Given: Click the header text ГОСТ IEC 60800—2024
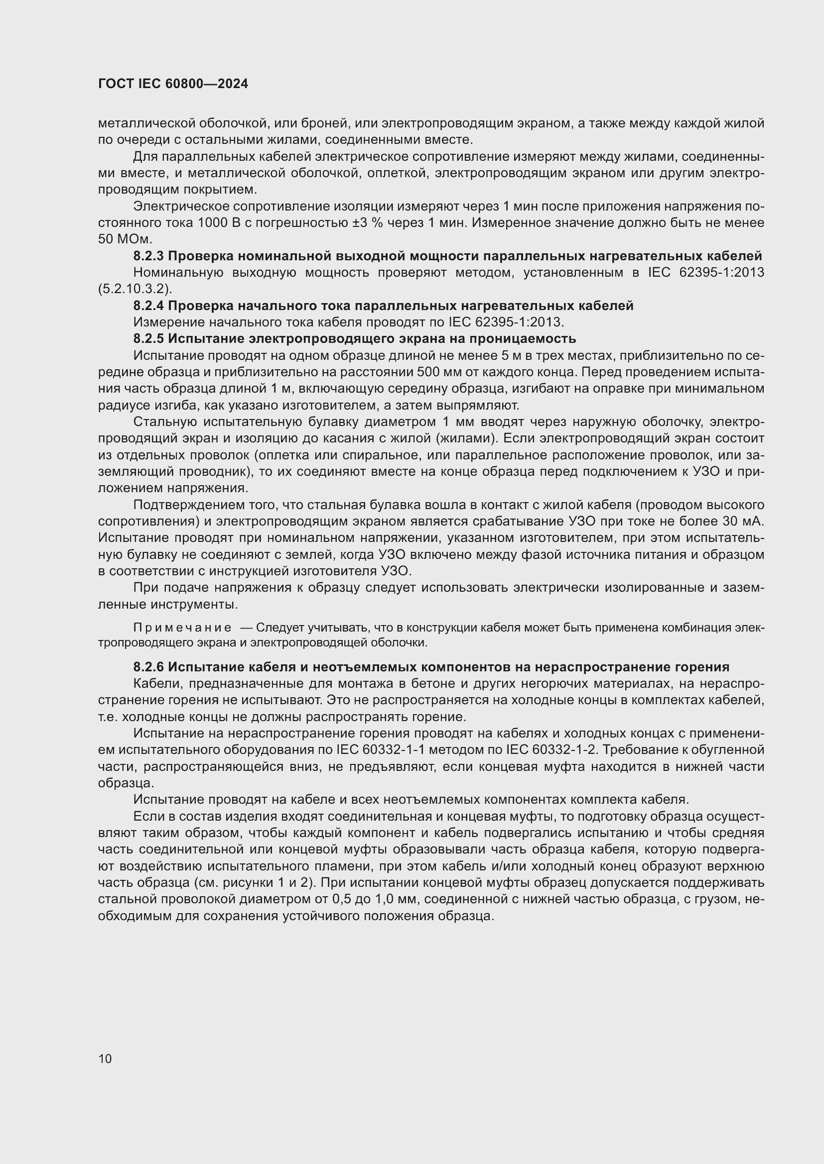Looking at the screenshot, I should coord(173,84).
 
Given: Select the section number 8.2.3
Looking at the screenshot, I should coord(148,256).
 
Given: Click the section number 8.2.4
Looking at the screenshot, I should coord(148,306).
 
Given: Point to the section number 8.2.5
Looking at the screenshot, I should coord(148,339).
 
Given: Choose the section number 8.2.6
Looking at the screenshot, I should coord(148,667).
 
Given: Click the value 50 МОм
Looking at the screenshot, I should coord(125,239).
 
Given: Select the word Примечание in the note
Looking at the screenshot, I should coord(182,628).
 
